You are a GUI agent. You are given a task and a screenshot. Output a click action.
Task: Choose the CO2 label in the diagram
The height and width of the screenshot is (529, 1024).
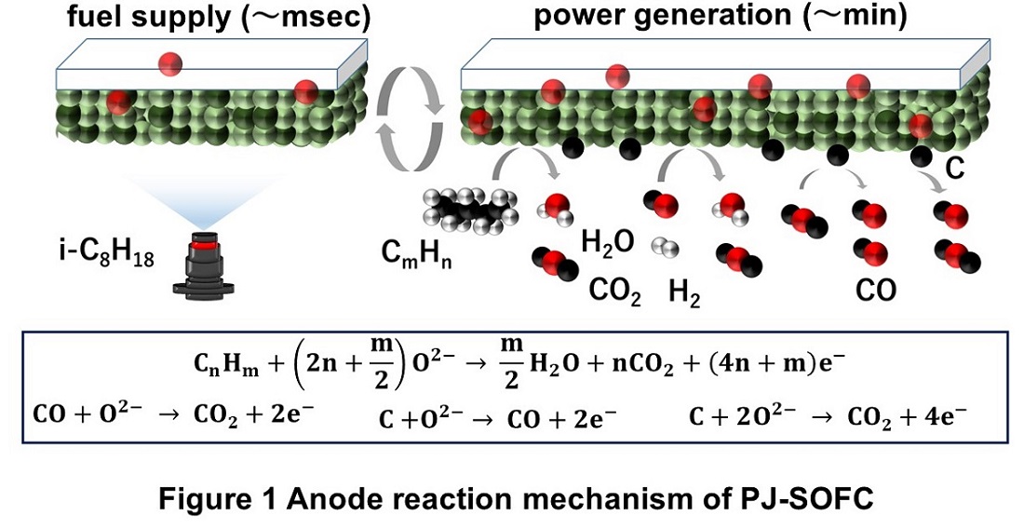click(615, 292)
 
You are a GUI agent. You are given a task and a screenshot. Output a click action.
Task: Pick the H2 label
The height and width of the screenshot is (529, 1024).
click(685, 294)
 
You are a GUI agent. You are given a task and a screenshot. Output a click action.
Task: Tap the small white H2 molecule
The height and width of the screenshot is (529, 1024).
click(663, 247)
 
